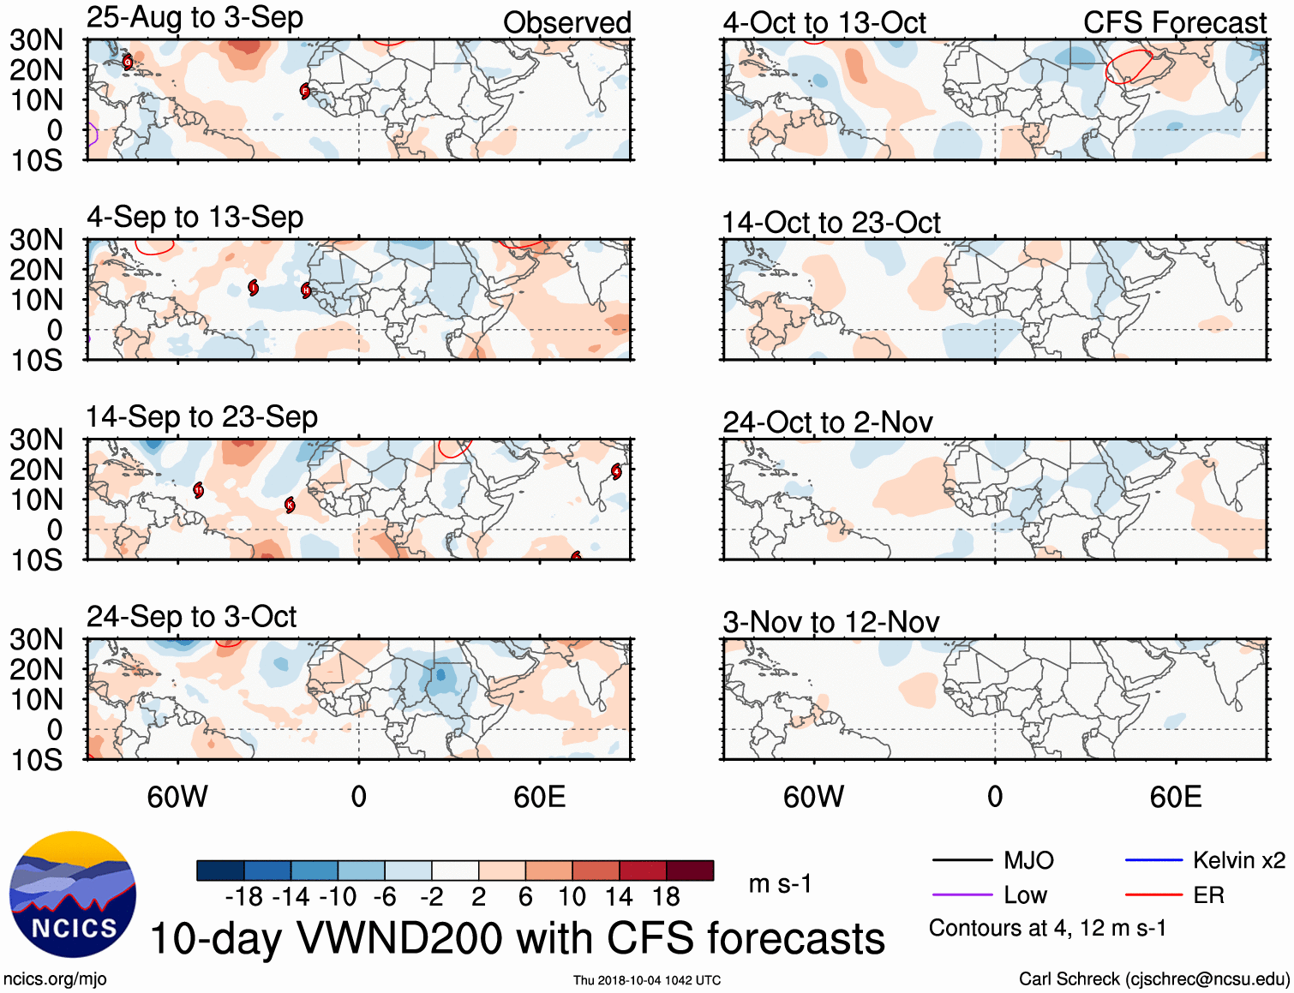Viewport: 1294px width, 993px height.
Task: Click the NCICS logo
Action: pyautogui.click(x=73, y=894)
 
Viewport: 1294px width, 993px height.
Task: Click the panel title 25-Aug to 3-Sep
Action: pyautogui.click(x=195, y=18)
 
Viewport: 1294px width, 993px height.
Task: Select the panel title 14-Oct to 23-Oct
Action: pyautogui.click(x=831, y=223)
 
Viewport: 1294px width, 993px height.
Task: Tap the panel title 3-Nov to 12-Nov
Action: pyautogui.click(x=831, y=622)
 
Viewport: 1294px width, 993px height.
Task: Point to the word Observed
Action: pyautogui.click(x=566, y=23)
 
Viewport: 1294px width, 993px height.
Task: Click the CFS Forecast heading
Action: pyautogui.click(x=1174, y=23)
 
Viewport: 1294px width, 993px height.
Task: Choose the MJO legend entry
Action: pyautogui.click(x=994, y=860)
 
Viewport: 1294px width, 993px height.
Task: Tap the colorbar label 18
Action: pyautogui.click(x=666, y=897)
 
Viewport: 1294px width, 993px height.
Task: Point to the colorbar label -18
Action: pyautogui.click(x=244, y=897)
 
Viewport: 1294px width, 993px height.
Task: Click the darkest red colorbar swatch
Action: pyautogui.click(x=690, y=870)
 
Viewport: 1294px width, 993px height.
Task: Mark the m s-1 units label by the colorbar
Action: pyautogui.click(x=780, y=884)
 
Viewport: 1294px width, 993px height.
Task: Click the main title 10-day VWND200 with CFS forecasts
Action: pyautogui.click(x=518, y=938)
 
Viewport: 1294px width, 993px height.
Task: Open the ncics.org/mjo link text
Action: pyautogui.click(x=55, y=978)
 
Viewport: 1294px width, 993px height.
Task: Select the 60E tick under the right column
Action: pyautogui.click(x=1175, y=797)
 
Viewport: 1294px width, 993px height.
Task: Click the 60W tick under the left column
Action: pyautogui.click(x=177, y=797)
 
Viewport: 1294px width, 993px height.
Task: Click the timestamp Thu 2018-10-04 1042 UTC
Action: pyautogui.click(x=647, y=980)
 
